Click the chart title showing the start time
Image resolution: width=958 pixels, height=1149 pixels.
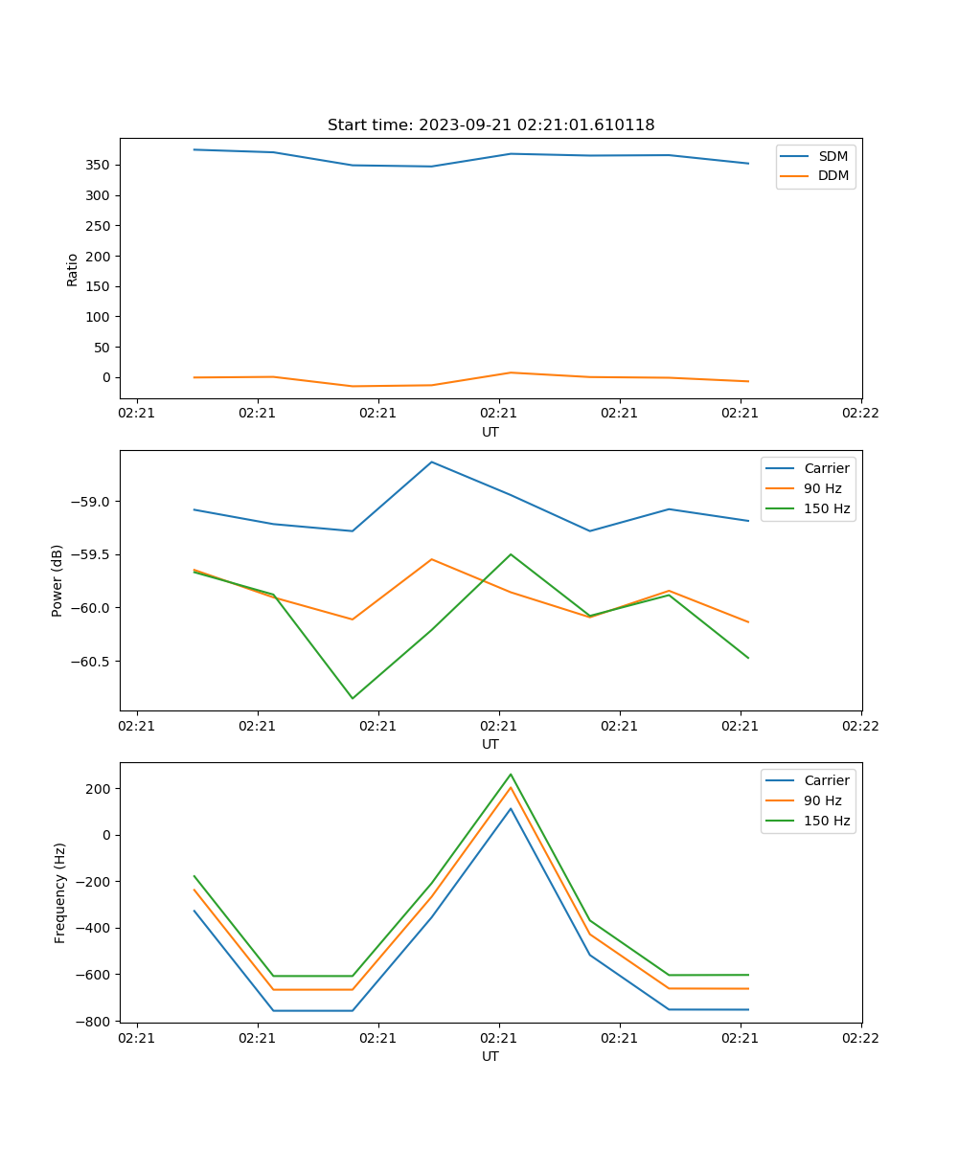click(490, 125)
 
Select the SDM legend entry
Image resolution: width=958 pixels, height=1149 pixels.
click(833, 156)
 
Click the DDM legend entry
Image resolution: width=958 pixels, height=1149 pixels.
click(833, 176)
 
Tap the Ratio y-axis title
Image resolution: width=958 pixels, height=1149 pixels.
click(73, 269)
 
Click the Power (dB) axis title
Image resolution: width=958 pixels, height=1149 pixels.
click(57, 580)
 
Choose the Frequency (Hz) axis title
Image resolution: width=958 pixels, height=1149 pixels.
click(60, 892)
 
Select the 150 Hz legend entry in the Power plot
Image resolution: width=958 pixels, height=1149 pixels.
click(827, 508)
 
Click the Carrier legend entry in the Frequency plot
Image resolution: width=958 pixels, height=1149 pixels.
click(827, 780)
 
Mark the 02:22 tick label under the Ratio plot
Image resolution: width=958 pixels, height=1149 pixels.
click(860, 414)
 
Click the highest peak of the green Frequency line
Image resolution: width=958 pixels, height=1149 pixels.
click(511, 774)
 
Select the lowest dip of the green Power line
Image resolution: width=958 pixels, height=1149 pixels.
click(353, 698)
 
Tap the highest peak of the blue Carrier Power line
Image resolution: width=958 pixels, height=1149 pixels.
click(432, 462)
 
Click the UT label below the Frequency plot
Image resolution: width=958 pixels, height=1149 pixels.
click(490, 1056)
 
